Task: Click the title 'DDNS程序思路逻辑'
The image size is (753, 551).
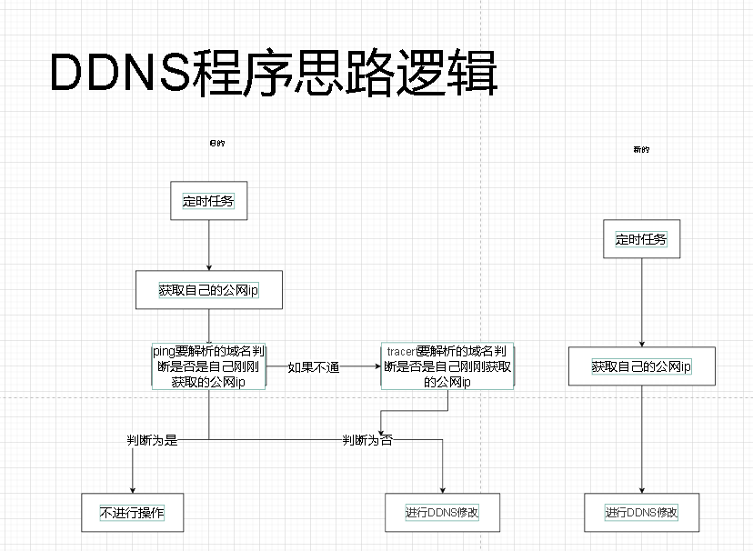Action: (x=273, y=73)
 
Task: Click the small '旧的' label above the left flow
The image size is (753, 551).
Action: (x=216, y=144)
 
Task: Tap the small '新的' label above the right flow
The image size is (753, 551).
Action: (x=641, y=149)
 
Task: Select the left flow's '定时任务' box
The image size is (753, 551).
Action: (x=209, y=201)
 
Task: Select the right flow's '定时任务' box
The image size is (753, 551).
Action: (x=641, y=239)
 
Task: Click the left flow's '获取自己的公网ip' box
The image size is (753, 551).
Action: (x=209, y=291)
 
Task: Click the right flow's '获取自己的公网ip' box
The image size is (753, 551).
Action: (x=641, y=366)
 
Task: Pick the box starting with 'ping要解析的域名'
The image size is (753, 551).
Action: (x=209, y=366)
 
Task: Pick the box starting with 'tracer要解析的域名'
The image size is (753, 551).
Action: (x=447, y=366)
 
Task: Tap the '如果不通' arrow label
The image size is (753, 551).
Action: (x=314, y=367)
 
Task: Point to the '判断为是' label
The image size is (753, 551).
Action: (x=152, y=440)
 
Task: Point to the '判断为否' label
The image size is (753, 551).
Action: (x=367, y=440)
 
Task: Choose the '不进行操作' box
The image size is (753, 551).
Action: (x=133, y=513)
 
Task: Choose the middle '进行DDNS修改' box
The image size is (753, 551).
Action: (x=442, y=513)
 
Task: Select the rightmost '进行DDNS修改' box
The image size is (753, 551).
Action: (x=641, y=513)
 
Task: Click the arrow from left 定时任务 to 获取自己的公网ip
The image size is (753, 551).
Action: (x=209, y=245)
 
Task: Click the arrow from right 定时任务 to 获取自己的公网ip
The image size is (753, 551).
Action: (x=641, y=300)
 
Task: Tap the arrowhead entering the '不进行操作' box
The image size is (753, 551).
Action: (x=133, y=488)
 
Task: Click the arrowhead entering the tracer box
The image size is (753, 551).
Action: (x=376, y=366)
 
